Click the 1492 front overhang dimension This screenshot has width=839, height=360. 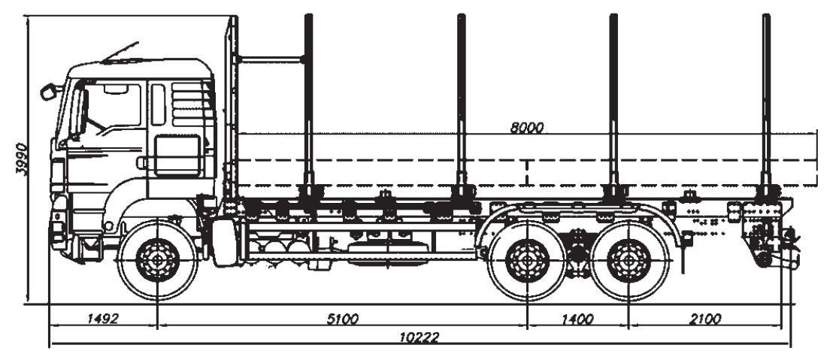coord(102,319)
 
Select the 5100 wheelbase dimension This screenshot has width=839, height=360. coord(343,319)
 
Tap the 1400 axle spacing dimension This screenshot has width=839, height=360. coord(577,319)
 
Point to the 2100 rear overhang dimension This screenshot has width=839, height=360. coord(704,319)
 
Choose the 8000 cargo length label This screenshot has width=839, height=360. coord(526,127)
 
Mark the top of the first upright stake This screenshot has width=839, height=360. coord(308,17)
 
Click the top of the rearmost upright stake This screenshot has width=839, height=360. coord(766,17)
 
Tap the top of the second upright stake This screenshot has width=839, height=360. coord(461,17)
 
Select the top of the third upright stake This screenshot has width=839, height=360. coord(613,17)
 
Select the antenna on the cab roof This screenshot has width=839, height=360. coord(120,51)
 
